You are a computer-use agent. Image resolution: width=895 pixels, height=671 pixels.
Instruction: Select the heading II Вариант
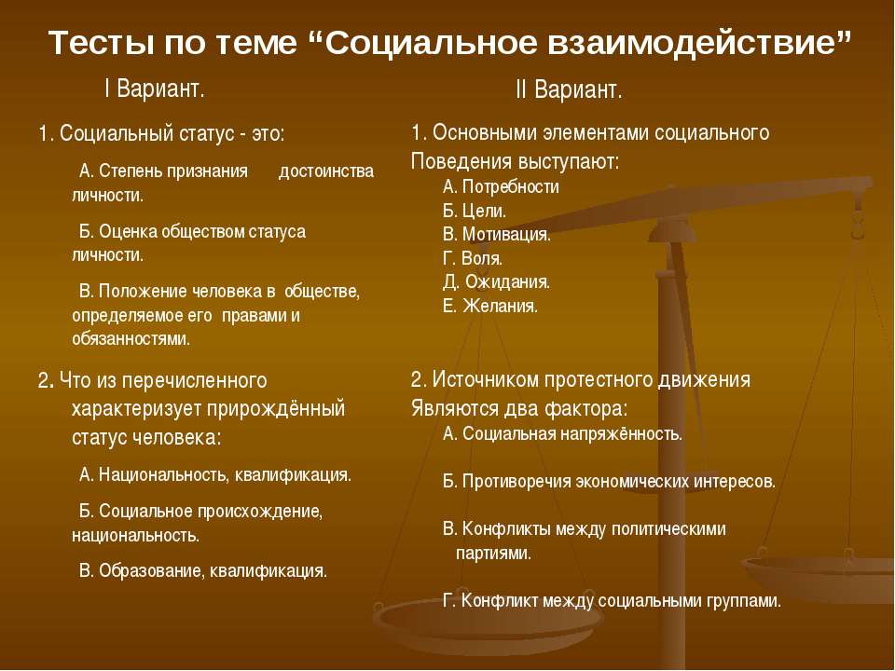pyautogui.click(x=568, y=91)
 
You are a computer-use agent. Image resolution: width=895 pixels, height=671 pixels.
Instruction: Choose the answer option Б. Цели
pyautogui.click(x=475, y=211)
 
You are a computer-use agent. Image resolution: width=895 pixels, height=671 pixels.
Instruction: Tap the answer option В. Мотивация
pyautogui.click(x=497, y=234)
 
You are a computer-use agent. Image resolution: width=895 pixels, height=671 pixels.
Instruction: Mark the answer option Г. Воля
pyautogui.click(x=473, y=258)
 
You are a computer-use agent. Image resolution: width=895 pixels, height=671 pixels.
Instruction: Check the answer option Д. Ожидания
pyautogui.click(x=496, y=281)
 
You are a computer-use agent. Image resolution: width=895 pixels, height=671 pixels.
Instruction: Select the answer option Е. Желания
pyautogui.click(x=490, y=306)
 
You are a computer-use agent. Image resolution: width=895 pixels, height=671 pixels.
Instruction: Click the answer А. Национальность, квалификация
pyautogui.click(x=215, y=474)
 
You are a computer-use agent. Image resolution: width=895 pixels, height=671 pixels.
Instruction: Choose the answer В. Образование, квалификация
pyautogui.click(x=203, y=570)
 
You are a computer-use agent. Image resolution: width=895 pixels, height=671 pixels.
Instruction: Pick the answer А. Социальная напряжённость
pyautogui.click(x=562, y=433)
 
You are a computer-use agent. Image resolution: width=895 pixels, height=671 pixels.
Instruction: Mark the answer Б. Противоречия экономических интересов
pyautogui.click(x=609, y=482)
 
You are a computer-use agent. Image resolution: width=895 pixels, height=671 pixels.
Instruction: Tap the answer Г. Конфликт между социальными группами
pyautogui.click(x=612, y=601)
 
